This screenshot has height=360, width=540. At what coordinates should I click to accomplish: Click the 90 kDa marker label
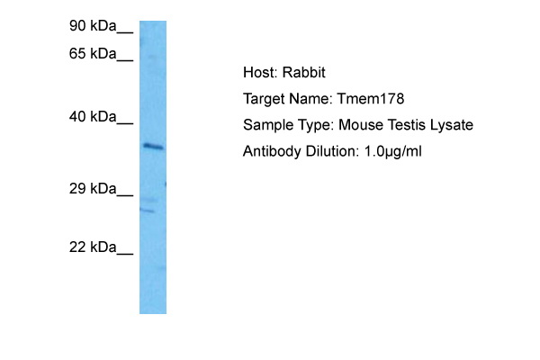(x=93, y=26)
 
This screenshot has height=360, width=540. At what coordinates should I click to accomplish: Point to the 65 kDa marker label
(x=93, y=54)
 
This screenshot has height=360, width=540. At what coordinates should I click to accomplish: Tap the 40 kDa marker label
(x=93, y=117)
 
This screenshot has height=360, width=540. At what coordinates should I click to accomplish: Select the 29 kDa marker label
(x=93, y=189)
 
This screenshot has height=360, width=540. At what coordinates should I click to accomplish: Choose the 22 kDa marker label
(x=93, y=247)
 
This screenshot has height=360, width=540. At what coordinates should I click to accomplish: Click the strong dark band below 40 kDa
(x=153, y=147)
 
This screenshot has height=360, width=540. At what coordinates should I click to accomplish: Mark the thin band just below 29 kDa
(x=148, y=210)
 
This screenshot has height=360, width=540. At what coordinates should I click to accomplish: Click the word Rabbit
(x=304, y=73)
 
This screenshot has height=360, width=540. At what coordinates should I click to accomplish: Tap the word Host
(x=260, y=73)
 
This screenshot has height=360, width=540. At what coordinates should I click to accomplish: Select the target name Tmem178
(x=371, y=99)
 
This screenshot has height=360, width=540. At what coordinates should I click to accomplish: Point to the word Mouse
(x=361, y=125)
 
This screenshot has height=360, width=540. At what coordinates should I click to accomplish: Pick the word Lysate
(x=452, y=125)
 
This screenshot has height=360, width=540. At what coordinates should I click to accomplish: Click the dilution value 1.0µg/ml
(x=393, y=151)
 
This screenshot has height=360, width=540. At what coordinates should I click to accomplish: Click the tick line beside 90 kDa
(x=125, y=33)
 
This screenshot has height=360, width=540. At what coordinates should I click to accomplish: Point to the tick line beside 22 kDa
(x=125, y=254)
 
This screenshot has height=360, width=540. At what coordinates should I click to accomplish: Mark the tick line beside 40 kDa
(x=125, y=123)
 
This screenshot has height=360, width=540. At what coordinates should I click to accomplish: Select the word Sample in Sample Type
(x=266, y=126)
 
